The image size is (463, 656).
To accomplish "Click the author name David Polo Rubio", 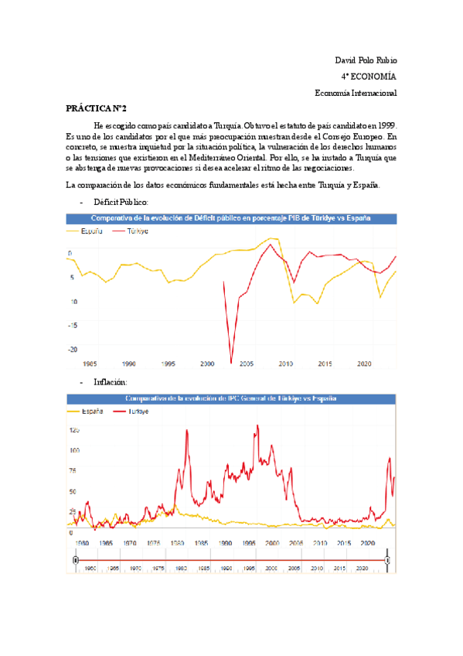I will [366, 60].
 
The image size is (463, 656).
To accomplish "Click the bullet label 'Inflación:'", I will [110, 382].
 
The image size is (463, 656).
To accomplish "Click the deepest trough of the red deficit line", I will [231, 362].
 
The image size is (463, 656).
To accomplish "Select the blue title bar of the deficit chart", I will [231, 219].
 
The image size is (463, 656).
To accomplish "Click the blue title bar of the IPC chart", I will [231, 398].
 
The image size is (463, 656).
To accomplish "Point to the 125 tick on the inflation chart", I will [74, 429].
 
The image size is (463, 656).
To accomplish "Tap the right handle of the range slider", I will [387, 559].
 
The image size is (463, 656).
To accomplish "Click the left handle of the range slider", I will [76, 559].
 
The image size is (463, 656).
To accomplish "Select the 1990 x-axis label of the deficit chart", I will [128, 363].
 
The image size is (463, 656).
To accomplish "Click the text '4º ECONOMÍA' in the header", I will [369, 77].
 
